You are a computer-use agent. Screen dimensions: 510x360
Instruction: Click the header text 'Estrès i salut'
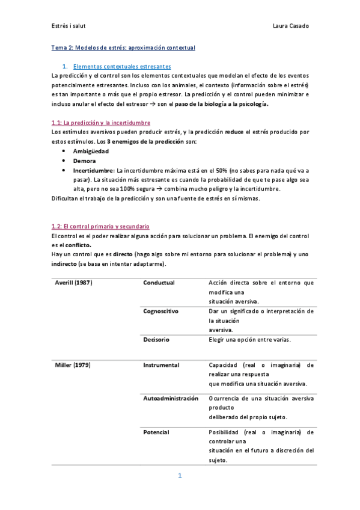[x=69, y=26]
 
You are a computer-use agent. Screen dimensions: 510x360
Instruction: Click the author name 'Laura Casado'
[x=291, y=26]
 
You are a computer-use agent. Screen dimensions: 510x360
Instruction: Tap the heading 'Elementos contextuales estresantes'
[x=122, y=66]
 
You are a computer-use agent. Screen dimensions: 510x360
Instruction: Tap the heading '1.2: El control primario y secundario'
[x=100, y=226]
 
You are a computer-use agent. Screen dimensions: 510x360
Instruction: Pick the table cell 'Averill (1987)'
[x=74, y=283]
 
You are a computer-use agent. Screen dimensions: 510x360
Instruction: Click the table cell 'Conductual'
[x=159, y=283]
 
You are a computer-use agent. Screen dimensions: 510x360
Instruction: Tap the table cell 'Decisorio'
[x=156, y=340]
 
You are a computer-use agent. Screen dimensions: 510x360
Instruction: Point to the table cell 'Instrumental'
[x=161, y=365]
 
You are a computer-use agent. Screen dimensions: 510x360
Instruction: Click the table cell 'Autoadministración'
[x=171, y=399]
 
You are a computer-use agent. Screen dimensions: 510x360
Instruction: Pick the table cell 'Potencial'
[x=156, y=432]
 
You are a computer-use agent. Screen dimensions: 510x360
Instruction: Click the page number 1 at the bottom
[x=180, y=476]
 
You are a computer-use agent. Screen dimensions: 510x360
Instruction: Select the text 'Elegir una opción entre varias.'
[x=249, y=340]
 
